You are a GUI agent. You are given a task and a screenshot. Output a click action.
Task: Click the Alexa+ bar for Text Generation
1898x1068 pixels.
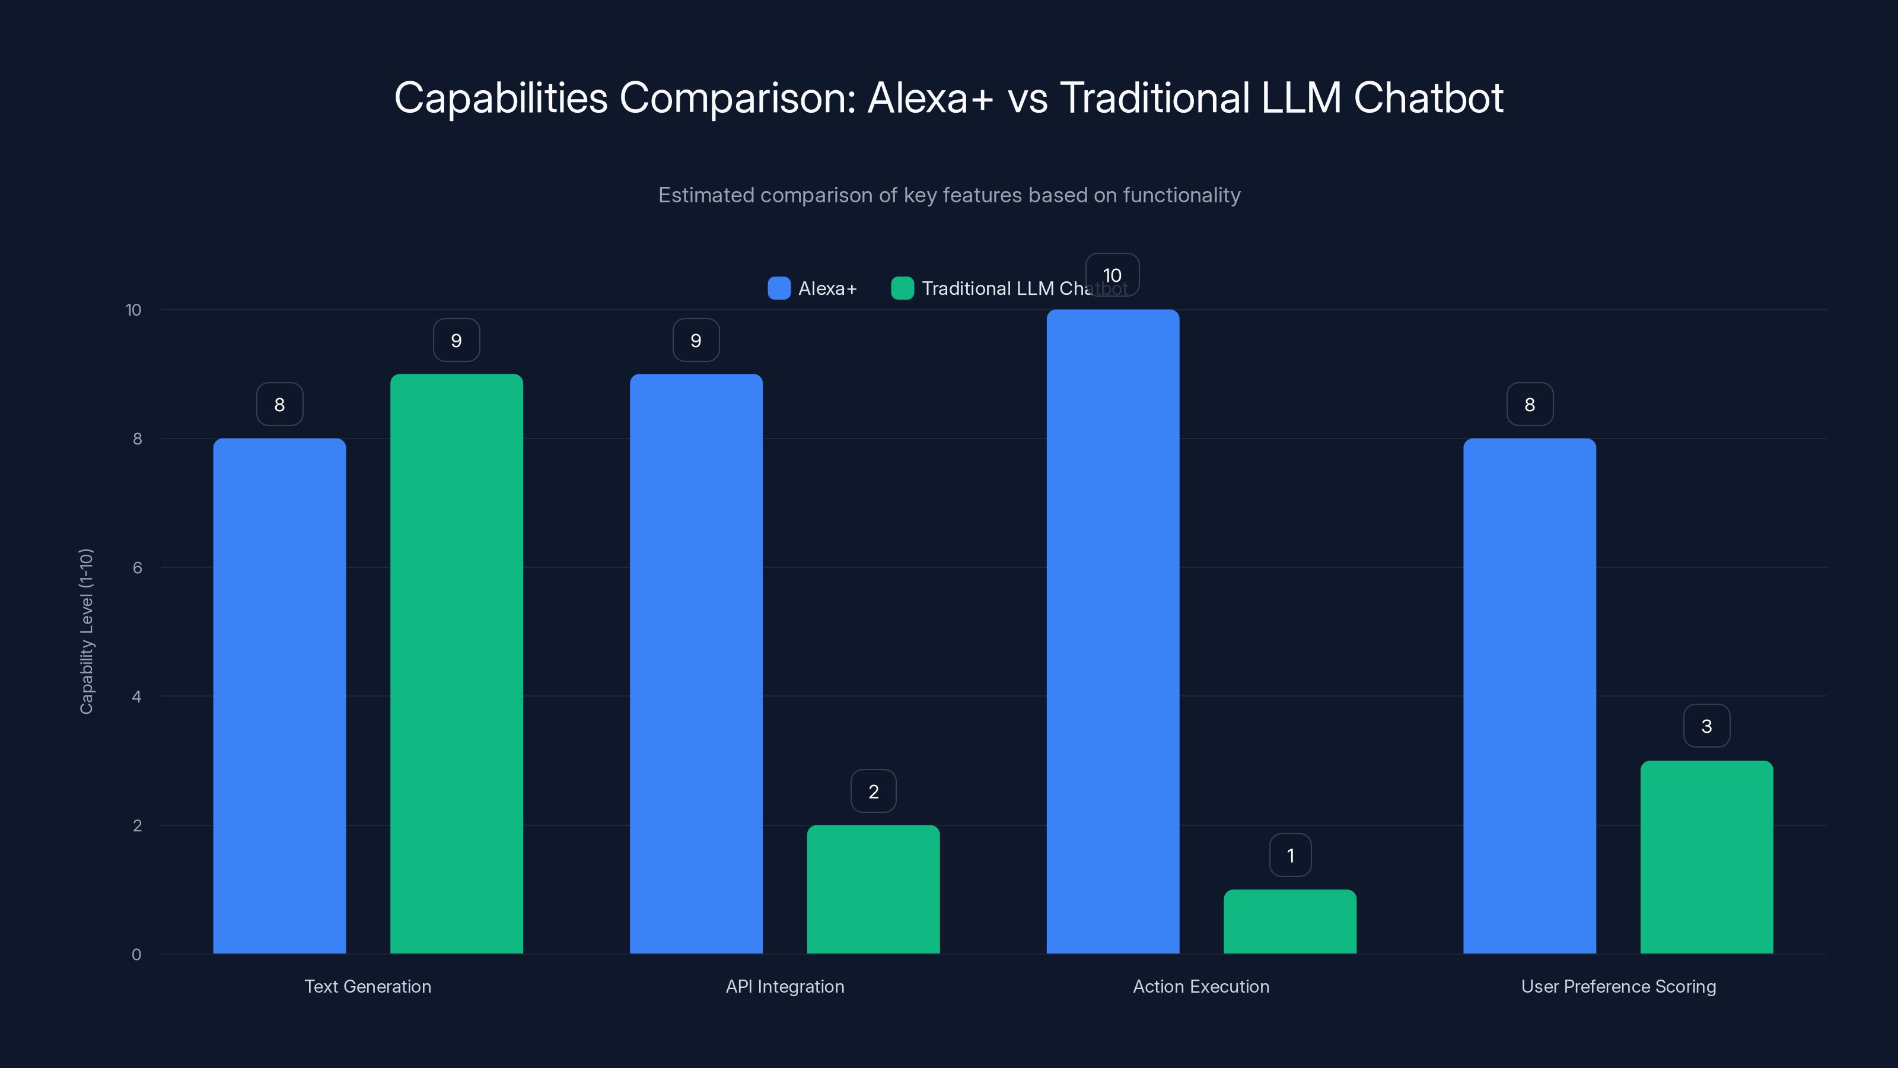point(279,696)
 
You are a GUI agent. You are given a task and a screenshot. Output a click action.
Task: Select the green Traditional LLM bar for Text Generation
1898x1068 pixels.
point(456,663)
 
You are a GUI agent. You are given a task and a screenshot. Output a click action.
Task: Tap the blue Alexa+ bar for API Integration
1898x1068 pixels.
point(696,663)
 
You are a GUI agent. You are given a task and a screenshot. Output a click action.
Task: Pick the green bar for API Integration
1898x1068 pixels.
point(873,889)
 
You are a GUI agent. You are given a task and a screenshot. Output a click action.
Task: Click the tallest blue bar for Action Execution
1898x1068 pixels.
point(1113,632)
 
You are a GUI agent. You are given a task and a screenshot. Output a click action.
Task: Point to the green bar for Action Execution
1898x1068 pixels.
point(1289,921)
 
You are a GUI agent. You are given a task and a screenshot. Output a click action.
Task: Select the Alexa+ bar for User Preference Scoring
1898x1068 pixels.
point(1530,696)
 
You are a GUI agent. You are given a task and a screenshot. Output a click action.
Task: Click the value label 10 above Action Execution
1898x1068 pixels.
point(1112,275)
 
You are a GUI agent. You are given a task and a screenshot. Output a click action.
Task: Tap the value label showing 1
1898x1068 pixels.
point(1290,855)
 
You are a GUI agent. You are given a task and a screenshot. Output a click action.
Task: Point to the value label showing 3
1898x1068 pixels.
point(1706,726)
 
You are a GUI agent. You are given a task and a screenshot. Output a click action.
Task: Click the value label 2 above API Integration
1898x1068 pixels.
point(873,791)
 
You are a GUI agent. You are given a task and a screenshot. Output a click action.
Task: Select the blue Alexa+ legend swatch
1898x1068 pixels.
point(779,288)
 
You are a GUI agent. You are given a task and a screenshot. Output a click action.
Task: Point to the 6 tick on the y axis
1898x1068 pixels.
point(137,568)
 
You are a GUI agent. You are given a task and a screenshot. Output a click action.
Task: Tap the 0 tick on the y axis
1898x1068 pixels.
point(136,955)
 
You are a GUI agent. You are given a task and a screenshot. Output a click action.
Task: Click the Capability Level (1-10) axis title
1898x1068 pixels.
point(86,632)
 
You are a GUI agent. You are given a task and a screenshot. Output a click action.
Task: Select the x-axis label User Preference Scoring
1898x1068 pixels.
point(1618,986)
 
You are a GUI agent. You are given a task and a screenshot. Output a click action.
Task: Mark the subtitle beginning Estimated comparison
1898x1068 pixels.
point(949,195)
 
